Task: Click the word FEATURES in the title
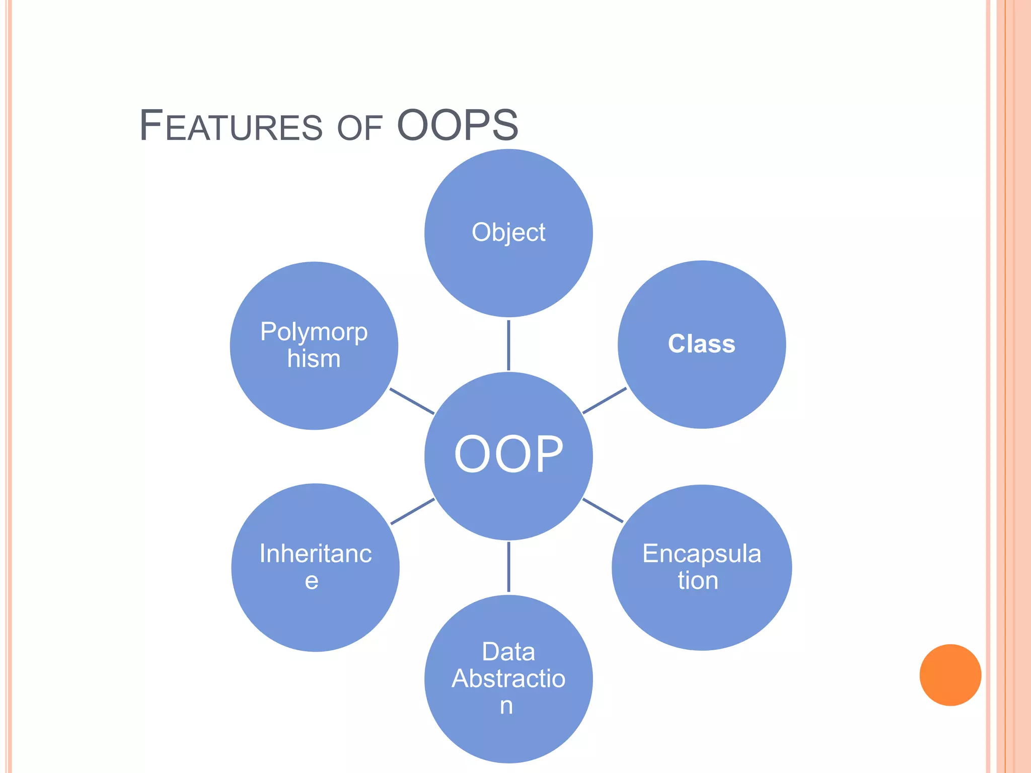click(x=231, y=126)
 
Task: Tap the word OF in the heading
click(x=359, y=128)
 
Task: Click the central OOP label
click(x=508, y=454)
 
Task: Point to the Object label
click(x=508, y=233)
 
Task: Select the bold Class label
click(x=701, y=344)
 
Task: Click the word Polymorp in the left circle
click(x=314, y=332)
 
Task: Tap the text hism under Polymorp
click(x=314, y=359)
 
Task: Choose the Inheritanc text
click(x=315, y=554)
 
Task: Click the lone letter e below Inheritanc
click(x=312, y=581)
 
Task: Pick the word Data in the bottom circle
click(x=508, y=652)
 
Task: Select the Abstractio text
click(x=508, y=678)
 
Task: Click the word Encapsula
click(x=701, y=554)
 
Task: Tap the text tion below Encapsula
click(x=698, y=581)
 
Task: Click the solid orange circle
click(x=950, y=675)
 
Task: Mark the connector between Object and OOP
click(x=508, y=345)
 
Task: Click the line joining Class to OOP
click(x=604, y=401)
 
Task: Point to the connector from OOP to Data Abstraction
click(x=508, y=567)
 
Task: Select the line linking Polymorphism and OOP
click(x=412, y=401)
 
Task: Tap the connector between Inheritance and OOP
click(x=412, y=511)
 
